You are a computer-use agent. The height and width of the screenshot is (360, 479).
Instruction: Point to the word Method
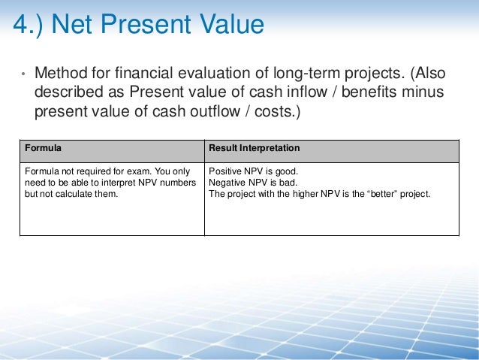(61, 74)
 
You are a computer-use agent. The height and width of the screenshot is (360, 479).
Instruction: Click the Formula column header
(43, 148)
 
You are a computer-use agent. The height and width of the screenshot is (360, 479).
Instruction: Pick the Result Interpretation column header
(254, 148)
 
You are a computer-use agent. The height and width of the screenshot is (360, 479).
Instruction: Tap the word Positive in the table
(225, 171)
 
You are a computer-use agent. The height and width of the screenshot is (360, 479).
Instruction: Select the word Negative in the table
(228, 182)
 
